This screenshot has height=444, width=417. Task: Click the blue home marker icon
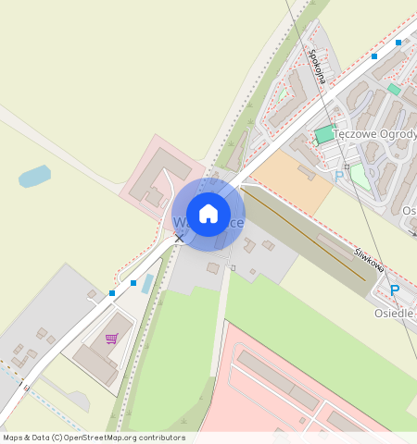point(208,214)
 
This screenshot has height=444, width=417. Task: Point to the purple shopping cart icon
point(112,339)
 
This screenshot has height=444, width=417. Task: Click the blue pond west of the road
point(34,176)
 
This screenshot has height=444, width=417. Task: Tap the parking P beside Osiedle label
point(395,290)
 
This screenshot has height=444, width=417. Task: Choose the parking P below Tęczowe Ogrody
point(339,175)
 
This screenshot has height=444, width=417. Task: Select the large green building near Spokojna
point(323,135)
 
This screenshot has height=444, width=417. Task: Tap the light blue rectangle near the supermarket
point(147,283)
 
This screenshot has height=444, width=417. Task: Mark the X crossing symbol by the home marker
point(179,239)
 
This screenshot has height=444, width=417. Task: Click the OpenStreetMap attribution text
point(94,438)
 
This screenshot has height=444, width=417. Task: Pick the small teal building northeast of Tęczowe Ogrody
point(394,90)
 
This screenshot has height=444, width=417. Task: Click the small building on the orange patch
point(306,172)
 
